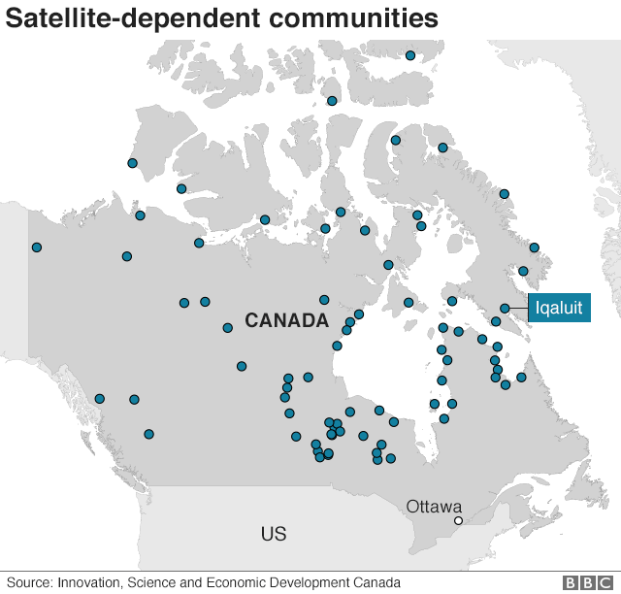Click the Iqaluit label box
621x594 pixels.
pyautogui.click(x=559, y=309)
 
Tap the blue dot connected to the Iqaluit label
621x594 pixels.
pyautogui.click(x=505, y=309)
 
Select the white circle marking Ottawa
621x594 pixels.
pyautogui.click(x=458, y=521)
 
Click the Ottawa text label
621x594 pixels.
pyautogui.click(x=434, y=506)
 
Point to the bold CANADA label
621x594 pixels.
pyautogui.click(x=286, y=320)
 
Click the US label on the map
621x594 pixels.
pyautogui.click(x=274, y=534)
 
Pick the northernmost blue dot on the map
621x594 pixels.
pyautogui.click(x=410, y=56)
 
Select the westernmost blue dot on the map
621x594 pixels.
pyautogui.click(x=37, y=247)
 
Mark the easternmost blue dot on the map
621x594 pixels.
pyautogui.click(x=535, y=247)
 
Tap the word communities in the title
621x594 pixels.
pyautogui.click(x=332, y=18)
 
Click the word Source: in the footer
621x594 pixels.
pyautogui.click(x=29, y=582)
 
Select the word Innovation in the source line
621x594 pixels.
pyautogui.click(x=90, y=582)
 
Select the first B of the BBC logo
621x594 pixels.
pyautogui.click(x=572, y=582)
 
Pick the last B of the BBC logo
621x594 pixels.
pyautogui.click(x=591, y=582)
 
